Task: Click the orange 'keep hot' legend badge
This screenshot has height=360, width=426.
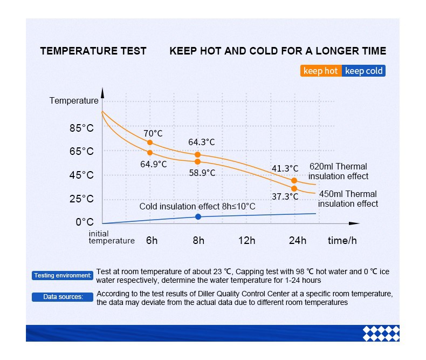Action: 321,71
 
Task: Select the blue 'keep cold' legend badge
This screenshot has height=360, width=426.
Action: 363,71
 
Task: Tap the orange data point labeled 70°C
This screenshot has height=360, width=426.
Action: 150,142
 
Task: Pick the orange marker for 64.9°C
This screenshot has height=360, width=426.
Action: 150,153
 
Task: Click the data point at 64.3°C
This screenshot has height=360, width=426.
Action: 197,154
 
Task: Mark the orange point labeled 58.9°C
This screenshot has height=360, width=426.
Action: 197,162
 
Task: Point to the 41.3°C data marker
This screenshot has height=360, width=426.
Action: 294,181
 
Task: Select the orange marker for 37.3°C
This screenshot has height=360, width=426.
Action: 294,188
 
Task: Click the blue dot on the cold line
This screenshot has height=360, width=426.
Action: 198,216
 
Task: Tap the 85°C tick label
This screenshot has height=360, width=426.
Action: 81,128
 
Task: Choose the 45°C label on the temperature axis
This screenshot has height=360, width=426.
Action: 81,175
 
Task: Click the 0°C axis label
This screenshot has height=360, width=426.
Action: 85,222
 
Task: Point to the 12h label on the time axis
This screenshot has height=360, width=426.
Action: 246,240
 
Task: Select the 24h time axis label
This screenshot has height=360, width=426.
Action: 298,240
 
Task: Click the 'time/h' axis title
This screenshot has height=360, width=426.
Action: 342,240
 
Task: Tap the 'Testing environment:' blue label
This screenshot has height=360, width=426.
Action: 63,275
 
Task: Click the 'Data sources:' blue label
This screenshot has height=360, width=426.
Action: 63,297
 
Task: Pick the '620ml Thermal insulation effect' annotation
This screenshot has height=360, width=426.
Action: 338,171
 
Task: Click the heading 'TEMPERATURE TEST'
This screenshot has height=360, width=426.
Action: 93,51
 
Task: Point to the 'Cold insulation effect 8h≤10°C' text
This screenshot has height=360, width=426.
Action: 197,206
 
